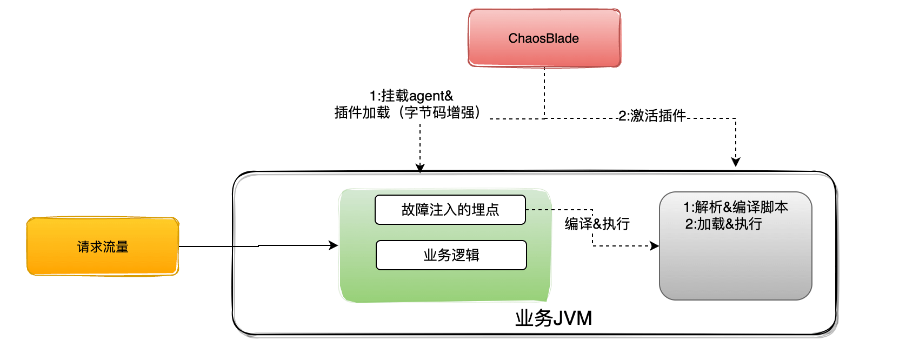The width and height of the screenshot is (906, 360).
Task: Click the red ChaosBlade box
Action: pyautogui.click(x=544, y=38)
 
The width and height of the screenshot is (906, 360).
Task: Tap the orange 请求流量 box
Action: pyautogui.click(x=103, y=246)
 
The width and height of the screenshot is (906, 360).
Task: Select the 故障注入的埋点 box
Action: pyautogui.click(x=450, y=210)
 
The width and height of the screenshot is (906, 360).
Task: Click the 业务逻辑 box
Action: pyautogui.click(x=451, y=255)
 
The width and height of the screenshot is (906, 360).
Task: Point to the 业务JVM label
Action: pyautogui.click(x=554, y=318)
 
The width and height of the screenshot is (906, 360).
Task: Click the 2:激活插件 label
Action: pyautogui.click(x=652, y=116)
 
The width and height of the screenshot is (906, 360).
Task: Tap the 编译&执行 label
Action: pyautogui.click(x=597, y=224)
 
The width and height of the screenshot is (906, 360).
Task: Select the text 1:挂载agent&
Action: pyautogui.click(x=411, y=96)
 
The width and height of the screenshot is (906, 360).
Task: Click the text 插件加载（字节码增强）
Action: pyautogui.click(x=408, y=112)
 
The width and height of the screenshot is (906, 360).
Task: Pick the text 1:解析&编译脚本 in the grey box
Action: pyautogui.click(x=735, y=207)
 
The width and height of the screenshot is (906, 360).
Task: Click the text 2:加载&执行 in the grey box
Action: pyautogui.click(x=723, y=224)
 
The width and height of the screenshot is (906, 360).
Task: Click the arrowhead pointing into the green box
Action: pyautogui.click(x=334, y=245)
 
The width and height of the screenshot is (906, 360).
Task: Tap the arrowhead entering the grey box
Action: pyautogui.click(x=655, y=246)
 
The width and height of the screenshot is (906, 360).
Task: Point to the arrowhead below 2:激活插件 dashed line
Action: pyautogui.click(x=735, y=162)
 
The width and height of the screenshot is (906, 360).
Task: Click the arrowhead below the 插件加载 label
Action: pyautogui.click(x=420, y=168)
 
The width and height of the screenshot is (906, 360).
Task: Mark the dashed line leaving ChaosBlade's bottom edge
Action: pyautogui.click(x=544, y=92)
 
